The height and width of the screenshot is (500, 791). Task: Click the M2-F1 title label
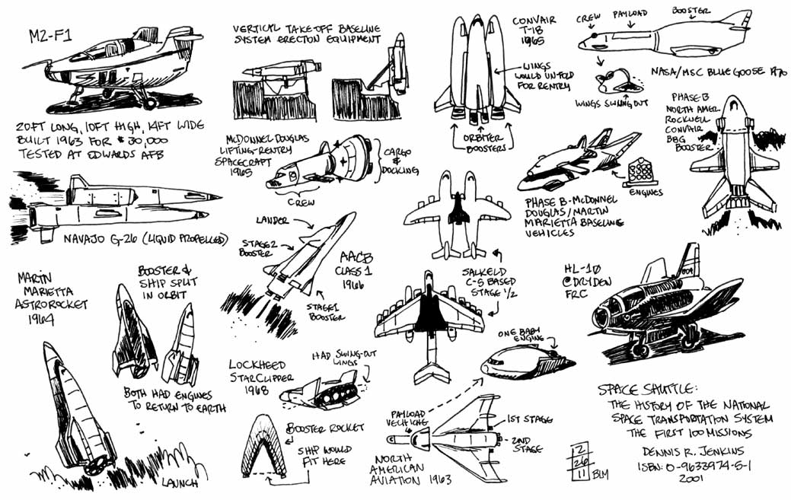[x=53, y=36]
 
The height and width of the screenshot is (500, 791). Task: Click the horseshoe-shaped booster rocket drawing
[x=263, y=446]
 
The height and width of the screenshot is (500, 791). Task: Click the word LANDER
[x=274, y=219]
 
